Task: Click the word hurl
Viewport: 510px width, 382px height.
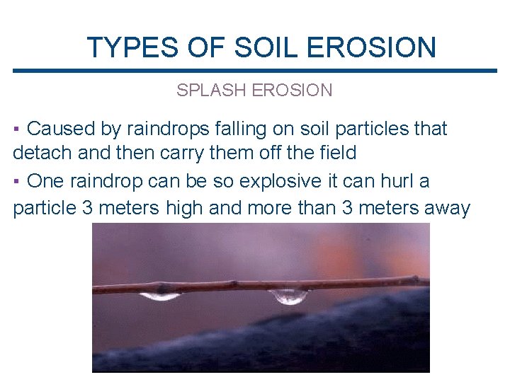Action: (x=399, y=181)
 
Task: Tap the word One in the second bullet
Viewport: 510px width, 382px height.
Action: (x=45, y=181)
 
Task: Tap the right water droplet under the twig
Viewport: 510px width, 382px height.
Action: (x=290, y=296)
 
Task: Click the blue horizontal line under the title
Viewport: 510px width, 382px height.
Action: (x=255, y=71)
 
